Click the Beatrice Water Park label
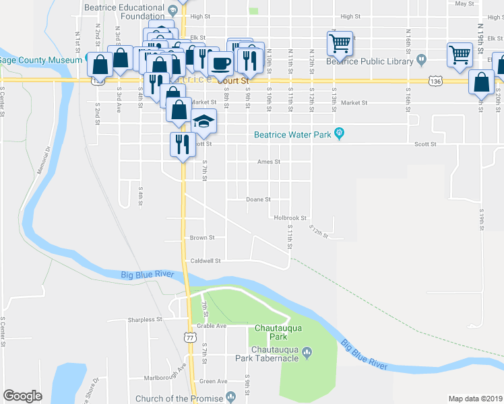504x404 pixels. pos(292,135)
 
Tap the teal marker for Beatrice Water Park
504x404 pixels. pos(340,134)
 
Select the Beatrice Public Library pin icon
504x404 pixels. pos(422,60)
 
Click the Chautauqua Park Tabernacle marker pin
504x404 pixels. pos(307,351)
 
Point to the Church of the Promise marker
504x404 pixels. pos(231,397)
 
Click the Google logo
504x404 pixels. pos(22,396)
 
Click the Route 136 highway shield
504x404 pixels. pos(435,81)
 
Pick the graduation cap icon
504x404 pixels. pos(203,121)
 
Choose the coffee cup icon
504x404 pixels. pos(221,63)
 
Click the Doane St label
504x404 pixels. pos(258,199)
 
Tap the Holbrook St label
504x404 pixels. pos(290,218)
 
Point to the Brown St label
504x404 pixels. pos(201,238)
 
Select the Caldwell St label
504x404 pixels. pos(206,261)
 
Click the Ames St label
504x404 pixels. pos(268,162)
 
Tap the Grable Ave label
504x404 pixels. pos(212,326)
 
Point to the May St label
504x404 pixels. pos(465,3)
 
